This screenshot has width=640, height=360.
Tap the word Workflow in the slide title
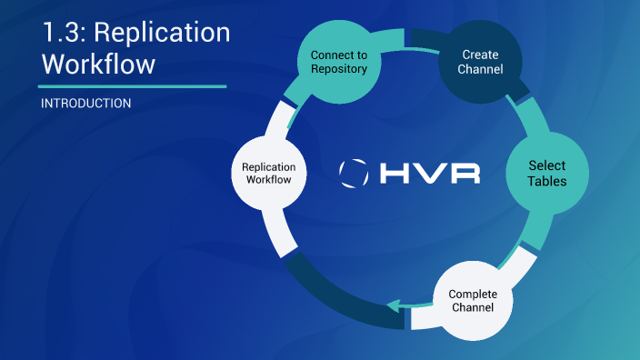pyautogui.click(x=98, y=65)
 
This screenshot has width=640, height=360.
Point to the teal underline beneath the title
pyautogui.click(x=133, y=86)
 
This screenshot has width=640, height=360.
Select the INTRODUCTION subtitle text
pyautogui.click(x=85, y=104)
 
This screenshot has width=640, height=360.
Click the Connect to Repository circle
pyautogui.click(x=338, y=62)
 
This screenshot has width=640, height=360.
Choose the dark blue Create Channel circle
pyautogui.click(x=480, y=62)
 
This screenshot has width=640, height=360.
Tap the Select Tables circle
pyautogui.click(x=547, y=173)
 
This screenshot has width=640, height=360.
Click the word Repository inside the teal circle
pyautogui.click(x=338, y=69)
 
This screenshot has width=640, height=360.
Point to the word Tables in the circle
pyautogui.click(x=547, y=181)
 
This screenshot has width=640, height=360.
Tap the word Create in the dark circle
pyautogui.click(x=480, y=55)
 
